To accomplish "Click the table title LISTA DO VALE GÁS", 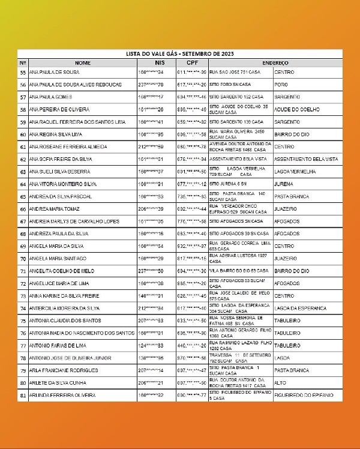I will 179,54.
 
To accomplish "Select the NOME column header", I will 83,62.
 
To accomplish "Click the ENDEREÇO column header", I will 275,62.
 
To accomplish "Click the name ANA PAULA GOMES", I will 50,97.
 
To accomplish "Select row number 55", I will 23,72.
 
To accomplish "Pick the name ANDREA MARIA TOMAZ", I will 55,209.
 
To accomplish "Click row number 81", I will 23,396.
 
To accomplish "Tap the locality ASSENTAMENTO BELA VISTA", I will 306,159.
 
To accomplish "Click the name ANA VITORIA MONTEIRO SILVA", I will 63,184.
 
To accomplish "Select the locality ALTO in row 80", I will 280,383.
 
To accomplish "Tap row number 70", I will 23,259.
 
